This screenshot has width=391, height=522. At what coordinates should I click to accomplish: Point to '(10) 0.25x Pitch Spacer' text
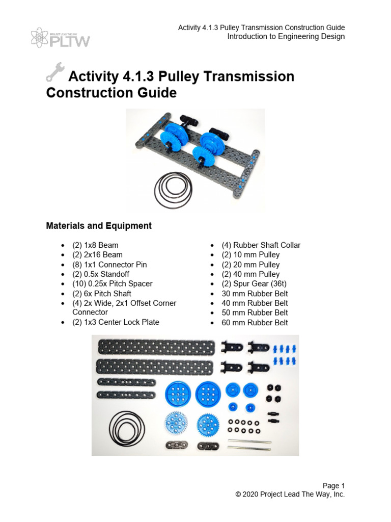(x=113, y=284)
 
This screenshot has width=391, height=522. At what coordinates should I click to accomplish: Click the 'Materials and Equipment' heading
(x=99, y=225)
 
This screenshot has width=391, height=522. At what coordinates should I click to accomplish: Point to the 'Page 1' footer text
(x=333, y=485)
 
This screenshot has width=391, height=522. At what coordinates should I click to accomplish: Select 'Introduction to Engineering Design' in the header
(x=286, y=37)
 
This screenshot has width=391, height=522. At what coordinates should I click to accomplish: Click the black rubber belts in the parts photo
(x=123, y=426)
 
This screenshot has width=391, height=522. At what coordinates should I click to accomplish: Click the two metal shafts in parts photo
(x=249, y=443)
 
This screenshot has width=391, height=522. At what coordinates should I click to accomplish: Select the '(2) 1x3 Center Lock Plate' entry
(x=116, y=322)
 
